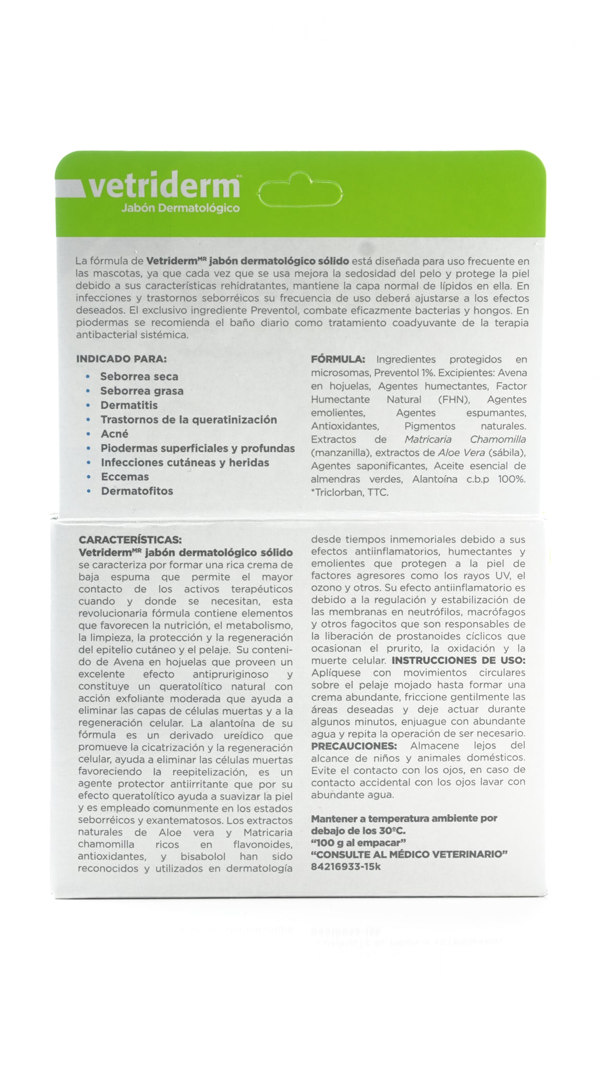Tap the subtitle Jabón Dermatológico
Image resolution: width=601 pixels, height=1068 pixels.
point(180,209)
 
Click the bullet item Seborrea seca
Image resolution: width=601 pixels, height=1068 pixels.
point(139,377)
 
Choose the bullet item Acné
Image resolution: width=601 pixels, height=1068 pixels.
point(114,434)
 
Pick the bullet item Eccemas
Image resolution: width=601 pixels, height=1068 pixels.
point(125,477)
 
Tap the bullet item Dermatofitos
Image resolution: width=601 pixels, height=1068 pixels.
point(137,491)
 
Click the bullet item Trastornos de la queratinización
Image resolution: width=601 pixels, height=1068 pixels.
point(188,420)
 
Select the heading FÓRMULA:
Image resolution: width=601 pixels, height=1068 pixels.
point(338,359)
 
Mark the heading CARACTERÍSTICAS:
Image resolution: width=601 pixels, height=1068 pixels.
point(130,540)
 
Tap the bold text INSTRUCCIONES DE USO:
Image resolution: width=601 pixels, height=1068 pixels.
point(459,660)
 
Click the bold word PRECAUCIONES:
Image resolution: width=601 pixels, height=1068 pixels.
point(354,746)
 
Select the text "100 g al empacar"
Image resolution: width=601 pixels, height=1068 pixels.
point(358,843)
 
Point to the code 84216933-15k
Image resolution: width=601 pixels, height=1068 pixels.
point(345,867)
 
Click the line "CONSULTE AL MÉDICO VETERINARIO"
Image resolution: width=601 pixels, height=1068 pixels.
point(410,855)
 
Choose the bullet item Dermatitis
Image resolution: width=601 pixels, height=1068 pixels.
point(129,405)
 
